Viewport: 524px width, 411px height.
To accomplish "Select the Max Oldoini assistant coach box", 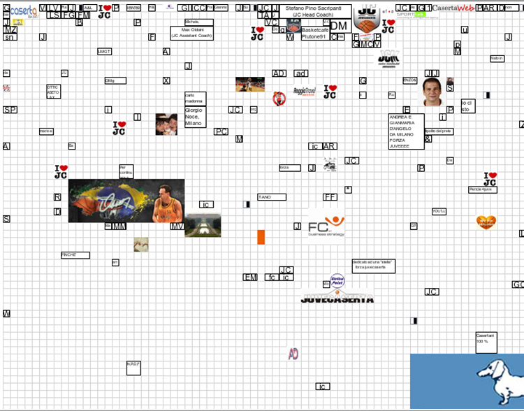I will (191, 34).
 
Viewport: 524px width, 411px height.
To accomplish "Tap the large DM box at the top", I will (338, 26).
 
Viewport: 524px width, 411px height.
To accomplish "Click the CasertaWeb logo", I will (457, 8).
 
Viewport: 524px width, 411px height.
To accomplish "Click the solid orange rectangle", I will (261, 237).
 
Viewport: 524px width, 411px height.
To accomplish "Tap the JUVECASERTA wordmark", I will (337, 299).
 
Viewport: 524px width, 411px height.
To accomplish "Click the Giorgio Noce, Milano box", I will (195, 117).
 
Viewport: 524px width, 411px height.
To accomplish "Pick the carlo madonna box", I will (195, 99).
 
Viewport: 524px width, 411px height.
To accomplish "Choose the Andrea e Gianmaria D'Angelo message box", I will (406, 131).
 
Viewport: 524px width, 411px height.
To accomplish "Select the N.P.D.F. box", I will (134, 367).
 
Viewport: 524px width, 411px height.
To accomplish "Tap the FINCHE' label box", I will (75, 255).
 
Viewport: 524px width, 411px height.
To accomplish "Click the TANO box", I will (271, 197).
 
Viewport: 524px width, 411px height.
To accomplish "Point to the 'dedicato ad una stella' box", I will (373, 266).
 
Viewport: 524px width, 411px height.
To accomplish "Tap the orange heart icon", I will (486, 222).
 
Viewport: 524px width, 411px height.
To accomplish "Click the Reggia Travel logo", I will (305, 92).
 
